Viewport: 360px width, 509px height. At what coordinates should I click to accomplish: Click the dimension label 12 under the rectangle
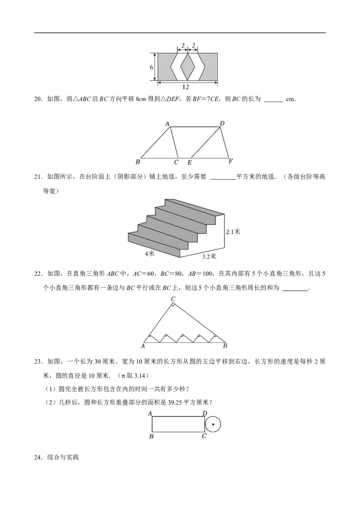click(x=185, y=87)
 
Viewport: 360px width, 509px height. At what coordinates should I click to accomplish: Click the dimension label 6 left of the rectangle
click(x=152, y=67)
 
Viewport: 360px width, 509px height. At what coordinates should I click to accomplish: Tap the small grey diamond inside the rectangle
click(x=188, y=67)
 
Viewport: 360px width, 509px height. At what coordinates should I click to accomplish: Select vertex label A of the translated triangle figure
click(x=168, y=124)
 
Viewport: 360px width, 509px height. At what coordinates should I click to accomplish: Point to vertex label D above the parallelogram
click(x=222, y=123)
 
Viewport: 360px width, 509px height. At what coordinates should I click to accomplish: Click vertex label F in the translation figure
click(x=231, y=161)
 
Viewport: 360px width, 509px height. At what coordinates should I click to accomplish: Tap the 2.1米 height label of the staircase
click(x=233, y=232)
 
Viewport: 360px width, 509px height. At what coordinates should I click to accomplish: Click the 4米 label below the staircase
click(x=150, y=254)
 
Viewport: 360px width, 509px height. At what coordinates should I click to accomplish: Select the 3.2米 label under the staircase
click(x=209, y=256)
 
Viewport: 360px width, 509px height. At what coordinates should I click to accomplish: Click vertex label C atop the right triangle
click(x=173, y=299)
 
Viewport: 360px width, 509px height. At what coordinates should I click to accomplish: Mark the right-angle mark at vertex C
click(x=173, y=304)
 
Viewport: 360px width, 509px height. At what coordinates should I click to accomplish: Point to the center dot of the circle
click(x=213, y=424)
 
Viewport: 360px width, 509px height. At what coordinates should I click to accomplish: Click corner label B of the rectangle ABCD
click(x=151, y=437)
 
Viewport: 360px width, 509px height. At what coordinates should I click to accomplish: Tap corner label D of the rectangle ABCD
click(x=205, y=413)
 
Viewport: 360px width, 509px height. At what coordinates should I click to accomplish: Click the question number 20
click(x=38, y=99)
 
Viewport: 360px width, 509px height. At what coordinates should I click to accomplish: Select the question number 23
click(x=38, y=362)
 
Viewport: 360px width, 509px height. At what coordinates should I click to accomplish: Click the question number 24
click(x=38, y=457)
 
